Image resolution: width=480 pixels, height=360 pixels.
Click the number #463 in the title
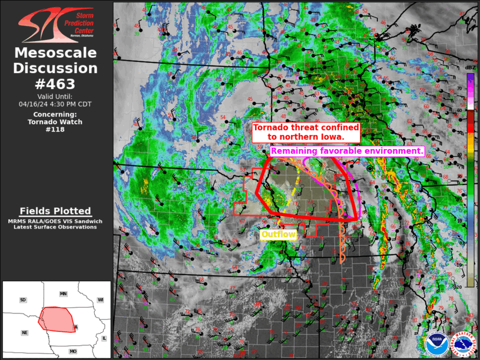55,84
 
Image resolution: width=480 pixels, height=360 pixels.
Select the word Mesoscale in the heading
55,53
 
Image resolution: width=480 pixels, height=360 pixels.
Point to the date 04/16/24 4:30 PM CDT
55,104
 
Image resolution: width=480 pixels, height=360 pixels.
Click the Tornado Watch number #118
55,130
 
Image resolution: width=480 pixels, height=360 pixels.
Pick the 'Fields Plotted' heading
55,211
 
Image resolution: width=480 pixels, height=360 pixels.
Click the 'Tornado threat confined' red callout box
306,132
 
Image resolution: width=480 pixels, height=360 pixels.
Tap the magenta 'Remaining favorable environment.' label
347,151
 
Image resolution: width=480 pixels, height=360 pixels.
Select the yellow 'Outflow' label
278,235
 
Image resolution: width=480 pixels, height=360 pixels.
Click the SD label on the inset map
23,300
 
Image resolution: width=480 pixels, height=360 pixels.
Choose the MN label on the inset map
63,293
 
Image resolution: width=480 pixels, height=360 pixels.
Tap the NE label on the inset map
25,333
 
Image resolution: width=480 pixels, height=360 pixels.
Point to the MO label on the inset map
73,351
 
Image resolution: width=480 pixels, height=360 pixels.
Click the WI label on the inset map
100,300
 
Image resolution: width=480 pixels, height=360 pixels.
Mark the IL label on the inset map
104,338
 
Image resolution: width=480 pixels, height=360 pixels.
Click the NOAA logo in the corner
436,344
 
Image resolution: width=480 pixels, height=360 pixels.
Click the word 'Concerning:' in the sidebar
55,114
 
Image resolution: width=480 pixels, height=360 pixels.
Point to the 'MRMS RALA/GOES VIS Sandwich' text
55,221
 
